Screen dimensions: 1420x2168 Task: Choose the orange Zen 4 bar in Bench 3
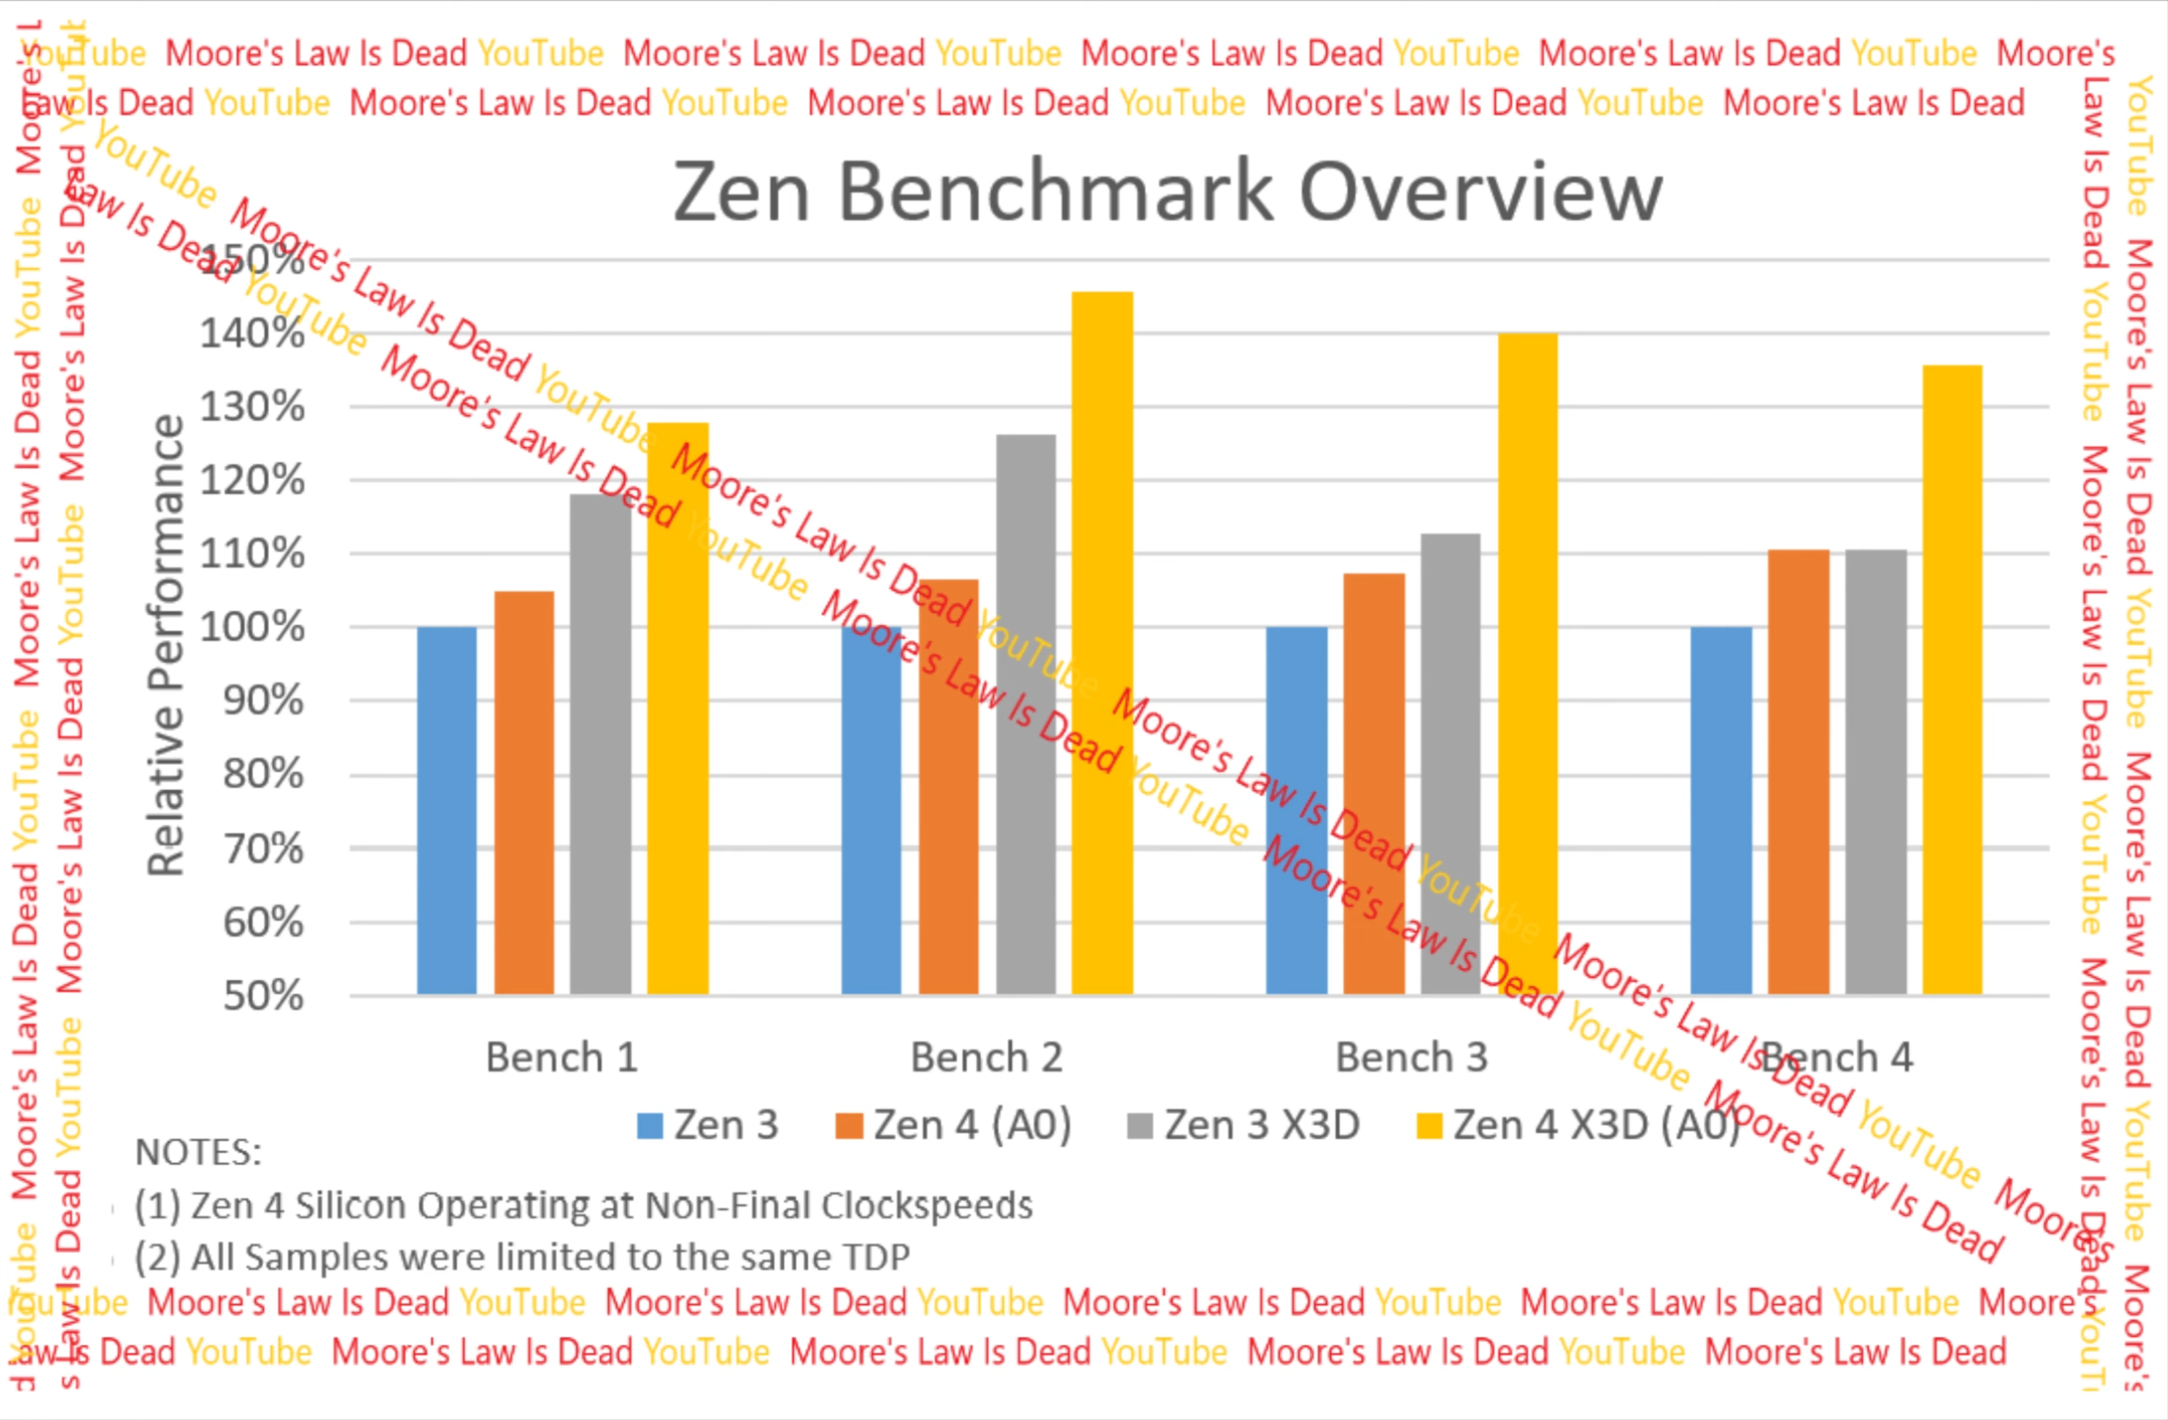click(x=1374, y=783)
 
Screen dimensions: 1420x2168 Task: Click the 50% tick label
click(x=263, y=996)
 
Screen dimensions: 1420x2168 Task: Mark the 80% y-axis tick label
click(x=263, y=775)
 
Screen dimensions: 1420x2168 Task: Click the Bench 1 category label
click(x=561, y=1058)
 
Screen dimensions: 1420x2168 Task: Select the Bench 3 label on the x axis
click(x=1411, y=1058)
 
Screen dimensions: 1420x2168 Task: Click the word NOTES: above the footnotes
click(x=198, y=1152)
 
